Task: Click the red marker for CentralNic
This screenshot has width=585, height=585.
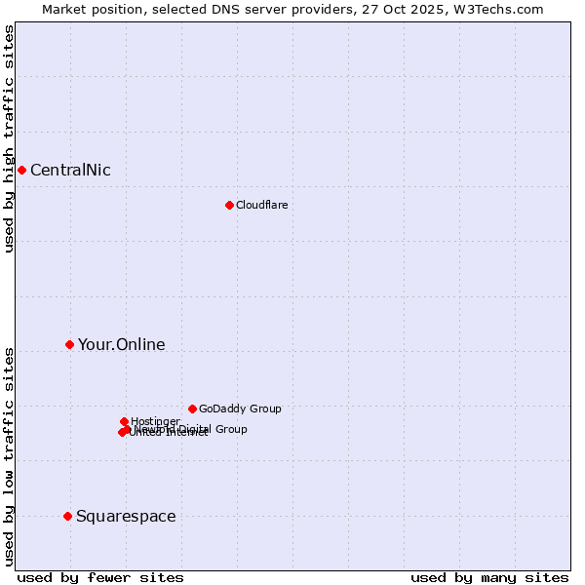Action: [21, 171]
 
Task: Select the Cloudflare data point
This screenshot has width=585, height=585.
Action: [229, 205]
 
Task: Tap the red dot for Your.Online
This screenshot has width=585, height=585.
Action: [69, 344]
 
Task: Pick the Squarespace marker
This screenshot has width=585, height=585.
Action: [67, 516]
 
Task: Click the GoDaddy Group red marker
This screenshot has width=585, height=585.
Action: [192, 409]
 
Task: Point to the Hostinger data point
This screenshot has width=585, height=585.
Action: [124, 421]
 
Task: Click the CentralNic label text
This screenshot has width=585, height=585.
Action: [70, 171]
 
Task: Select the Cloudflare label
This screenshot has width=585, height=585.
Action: [261, 205]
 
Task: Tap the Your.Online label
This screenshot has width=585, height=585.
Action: [121, 344]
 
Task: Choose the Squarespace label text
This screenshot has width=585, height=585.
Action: [126, 516]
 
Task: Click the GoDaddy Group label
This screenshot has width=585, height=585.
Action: [240, 409]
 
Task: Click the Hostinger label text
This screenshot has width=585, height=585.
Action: [155, 421]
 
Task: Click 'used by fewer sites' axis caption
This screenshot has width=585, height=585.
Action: [100, 577]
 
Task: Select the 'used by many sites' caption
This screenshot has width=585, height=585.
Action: [489, 577]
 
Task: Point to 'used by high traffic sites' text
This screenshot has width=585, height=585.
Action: [9, 138]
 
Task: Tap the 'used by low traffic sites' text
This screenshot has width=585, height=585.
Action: [9, 456]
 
